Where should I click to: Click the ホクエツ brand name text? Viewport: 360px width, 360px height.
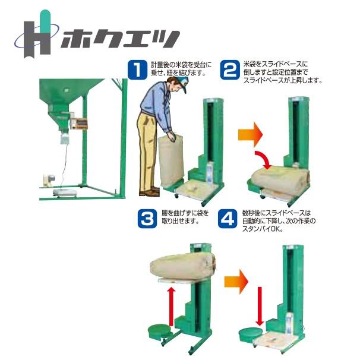coord(116,40)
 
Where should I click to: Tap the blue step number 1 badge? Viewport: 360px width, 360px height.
coord(137,69)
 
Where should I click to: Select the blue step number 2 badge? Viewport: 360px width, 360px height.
coord(230,69)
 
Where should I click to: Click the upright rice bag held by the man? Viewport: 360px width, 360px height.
coord(173,159)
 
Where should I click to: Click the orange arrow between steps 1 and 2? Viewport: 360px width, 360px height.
coord(249,133)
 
